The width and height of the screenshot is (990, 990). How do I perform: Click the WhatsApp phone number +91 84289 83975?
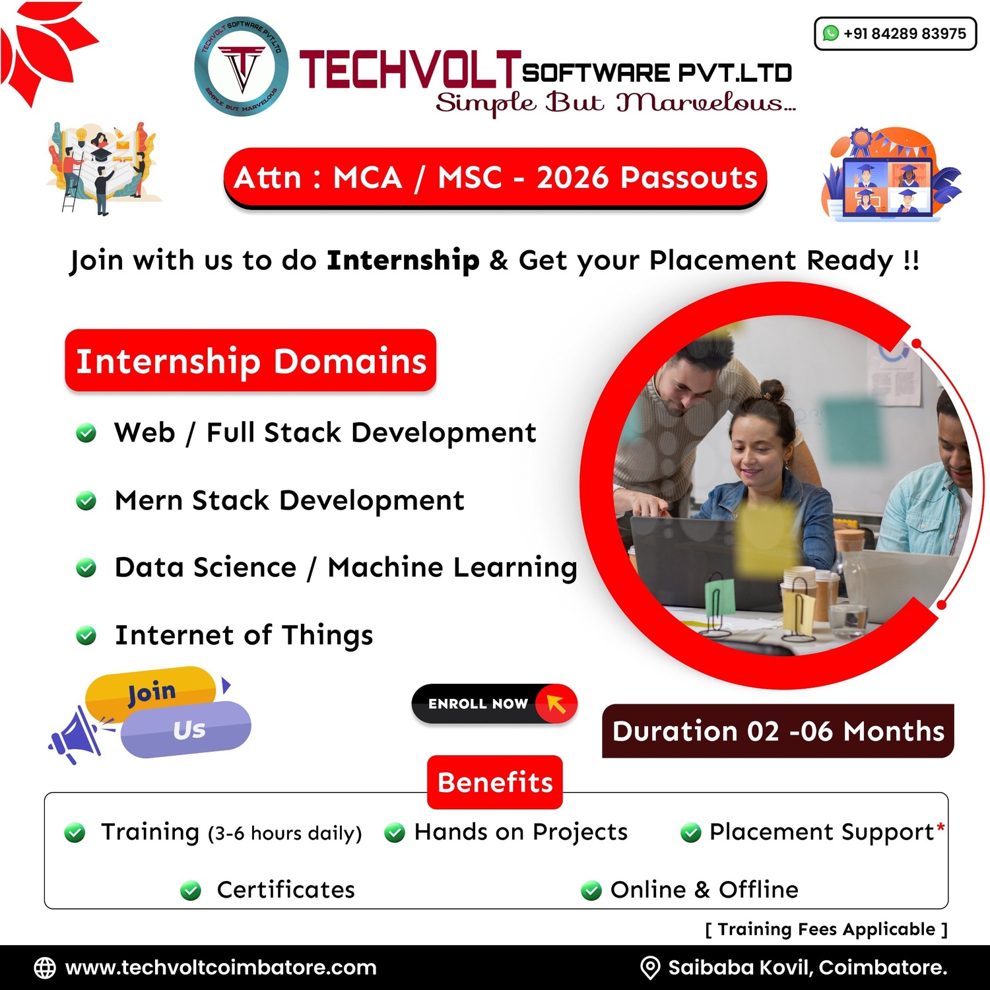tap(904, 34)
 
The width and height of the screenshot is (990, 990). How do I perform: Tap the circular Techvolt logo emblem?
tap(242, 67)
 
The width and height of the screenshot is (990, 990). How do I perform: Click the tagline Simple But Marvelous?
tap(615, 103)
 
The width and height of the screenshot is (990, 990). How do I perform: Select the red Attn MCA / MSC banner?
tap(495, 178)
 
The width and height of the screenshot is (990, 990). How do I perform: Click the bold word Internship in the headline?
tap(403, 260)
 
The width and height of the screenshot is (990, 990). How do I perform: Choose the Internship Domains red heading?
tap(251, 361)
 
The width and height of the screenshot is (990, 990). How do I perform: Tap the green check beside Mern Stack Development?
tap(86, 501)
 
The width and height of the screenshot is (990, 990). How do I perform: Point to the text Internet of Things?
tap(244, 635)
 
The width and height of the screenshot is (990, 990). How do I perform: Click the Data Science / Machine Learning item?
tap(346, 568)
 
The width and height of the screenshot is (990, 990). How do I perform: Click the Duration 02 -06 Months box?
tap(777, 731)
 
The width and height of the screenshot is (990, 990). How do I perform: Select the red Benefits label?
tap(495, 782)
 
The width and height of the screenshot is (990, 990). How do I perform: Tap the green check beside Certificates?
tap(191, 891)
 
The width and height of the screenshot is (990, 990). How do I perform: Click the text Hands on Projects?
tap(521, 832)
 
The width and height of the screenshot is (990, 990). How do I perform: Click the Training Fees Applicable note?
tap(826, 929)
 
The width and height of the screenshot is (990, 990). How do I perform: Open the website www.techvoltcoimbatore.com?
tap(220, 968)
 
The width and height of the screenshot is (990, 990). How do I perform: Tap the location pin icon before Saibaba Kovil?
tap(650, 968)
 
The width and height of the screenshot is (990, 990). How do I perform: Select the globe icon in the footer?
tap(45, 968)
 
